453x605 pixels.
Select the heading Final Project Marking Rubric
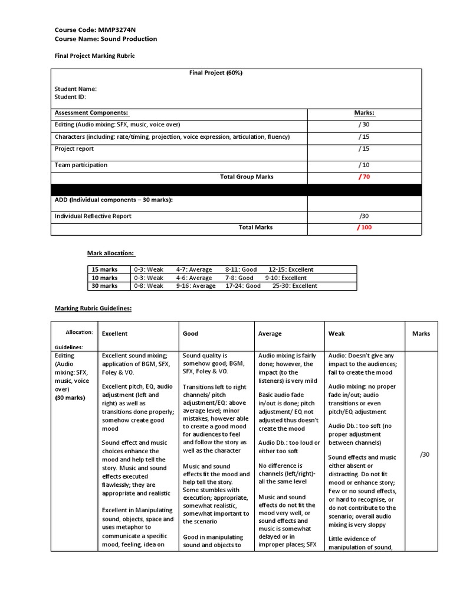(94, 56)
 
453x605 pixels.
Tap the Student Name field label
(75, 89)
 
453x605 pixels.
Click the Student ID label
(70, 97)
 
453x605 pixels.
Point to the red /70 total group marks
(364, 177)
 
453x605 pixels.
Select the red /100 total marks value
(364, 227)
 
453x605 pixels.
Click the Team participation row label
(81, 165)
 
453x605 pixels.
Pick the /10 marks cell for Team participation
(364, 165)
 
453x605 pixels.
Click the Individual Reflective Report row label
(93, 216)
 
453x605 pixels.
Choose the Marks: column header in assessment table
(364, 112)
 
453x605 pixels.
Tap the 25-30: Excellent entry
(294, 286)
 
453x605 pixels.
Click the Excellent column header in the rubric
(114, 334)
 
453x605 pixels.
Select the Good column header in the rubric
(191, 334)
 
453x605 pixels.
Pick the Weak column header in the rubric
(336, 334)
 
